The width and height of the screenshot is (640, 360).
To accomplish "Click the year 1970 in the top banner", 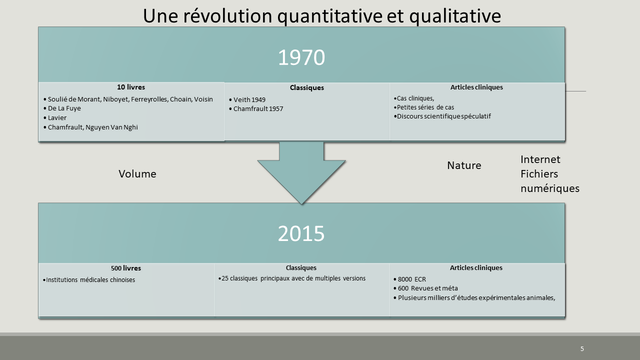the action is click(301, 57).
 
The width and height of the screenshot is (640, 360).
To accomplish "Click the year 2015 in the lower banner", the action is click(301, 233).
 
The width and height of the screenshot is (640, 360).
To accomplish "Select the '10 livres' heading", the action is click(131, 87).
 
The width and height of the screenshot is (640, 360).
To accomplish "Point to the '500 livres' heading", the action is click(126, 268).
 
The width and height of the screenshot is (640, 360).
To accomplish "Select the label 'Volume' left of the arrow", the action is click(137, 174).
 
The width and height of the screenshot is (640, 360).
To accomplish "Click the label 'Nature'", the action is click(464, 165).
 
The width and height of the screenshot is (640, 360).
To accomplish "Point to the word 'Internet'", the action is click(540, 159).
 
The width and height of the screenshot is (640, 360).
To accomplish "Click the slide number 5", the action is click(582, 348).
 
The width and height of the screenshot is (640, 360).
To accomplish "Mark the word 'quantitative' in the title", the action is click(329, 16).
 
